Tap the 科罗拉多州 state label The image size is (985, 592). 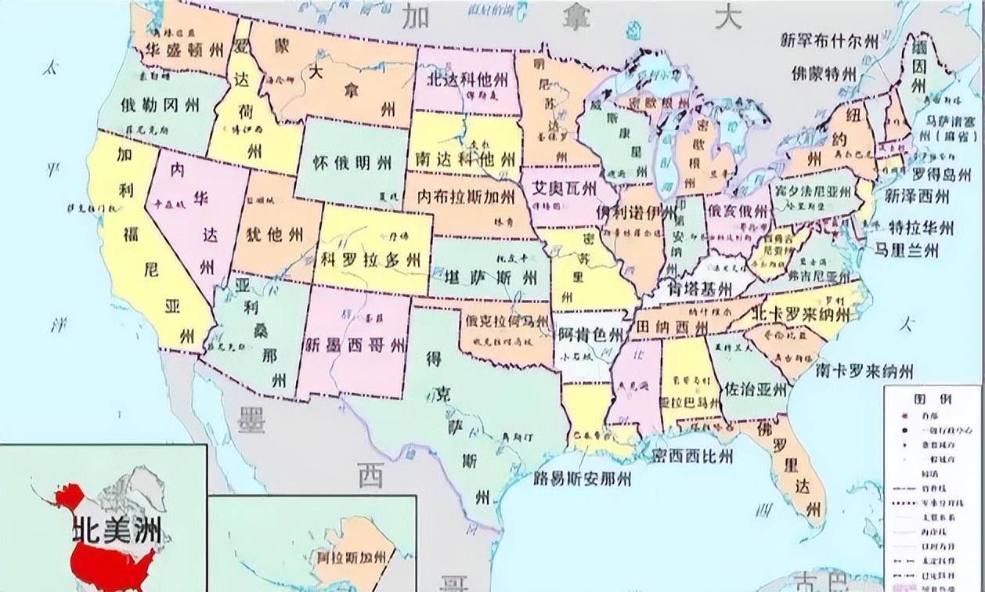tap(370, 260)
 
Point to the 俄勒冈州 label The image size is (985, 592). tap(160, 104)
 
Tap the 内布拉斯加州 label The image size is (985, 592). tap(467, 197)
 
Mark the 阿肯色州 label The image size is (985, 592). tap(591, 336)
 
